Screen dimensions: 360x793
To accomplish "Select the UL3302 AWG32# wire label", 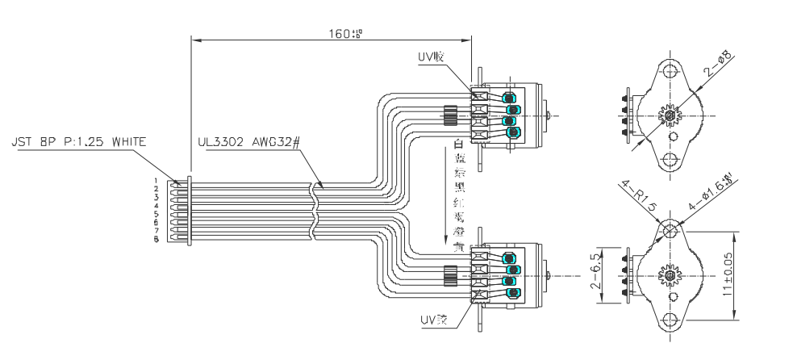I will click(x=248, y=142).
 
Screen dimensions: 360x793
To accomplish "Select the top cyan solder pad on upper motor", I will click(x=510, y=98).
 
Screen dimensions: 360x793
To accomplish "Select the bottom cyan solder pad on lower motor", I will click(x=510, y=292).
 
